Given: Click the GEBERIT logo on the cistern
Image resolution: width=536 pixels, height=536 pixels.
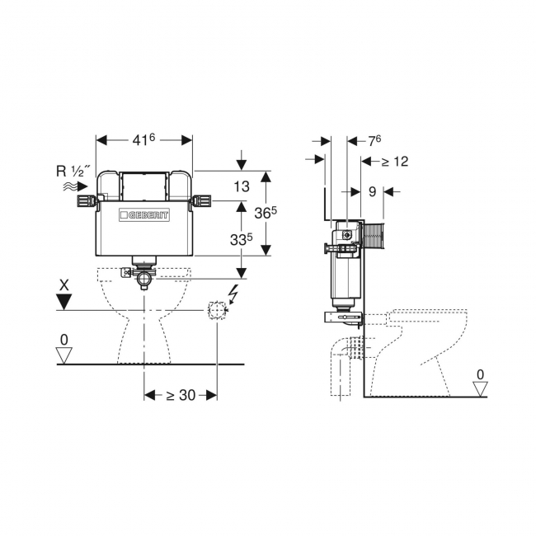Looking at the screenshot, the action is (x=144, y=215).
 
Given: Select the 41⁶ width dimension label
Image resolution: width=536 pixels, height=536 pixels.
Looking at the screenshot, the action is (x=143, y=139).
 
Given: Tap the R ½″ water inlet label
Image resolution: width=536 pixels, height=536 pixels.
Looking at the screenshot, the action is (x=74, y=171).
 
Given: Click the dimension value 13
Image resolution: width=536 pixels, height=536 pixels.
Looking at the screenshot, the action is (x=242, y=186).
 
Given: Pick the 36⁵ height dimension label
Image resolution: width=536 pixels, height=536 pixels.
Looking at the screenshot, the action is (x=266, y=212).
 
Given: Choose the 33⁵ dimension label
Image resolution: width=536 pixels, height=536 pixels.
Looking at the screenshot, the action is (x=242, y=239).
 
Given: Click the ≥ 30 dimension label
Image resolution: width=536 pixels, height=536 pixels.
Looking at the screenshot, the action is (x=181, y=395).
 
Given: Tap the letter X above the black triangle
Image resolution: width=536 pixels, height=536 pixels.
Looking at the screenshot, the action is (x=64, y=284).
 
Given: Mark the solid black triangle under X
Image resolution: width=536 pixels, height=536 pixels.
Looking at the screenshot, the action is (x=64, y=303).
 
